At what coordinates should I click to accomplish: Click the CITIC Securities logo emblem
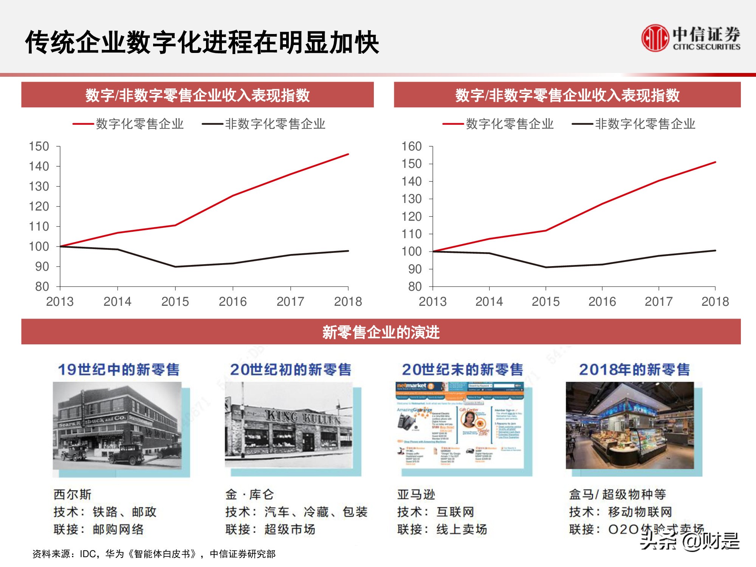pyautogui.click(x=655, y=38)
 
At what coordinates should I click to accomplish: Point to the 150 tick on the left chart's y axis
pyautogui.click(x=39, y=146)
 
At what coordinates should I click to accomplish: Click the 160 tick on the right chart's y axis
pyautogui.click(x=411, y=146)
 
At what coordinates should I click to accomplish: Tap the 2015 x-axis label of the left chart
pyautogui.click(x=175, y=302)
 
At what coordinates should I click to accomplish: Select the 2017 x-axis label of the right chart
pyautogui.click(x=658, y=302)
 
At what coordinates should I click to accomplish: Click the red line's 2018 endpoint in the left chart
pyautogui.click(x=348, y=154)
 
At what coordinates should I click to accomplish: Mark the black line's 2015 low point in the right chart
pyautogui.click(x=546, y=267)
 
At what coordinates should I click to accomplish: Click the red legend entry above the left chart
pyautogui.click(x=129, y=124)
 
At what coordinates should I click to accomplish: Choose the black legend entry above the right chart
pyautogui.click(x=634, y=124)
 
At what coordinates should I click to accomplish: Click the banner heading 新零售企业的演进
pyautogui.click(x=381, y=332)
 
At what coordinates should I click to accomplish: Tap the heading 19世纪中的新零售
pyautogui.click(x=119, y=370)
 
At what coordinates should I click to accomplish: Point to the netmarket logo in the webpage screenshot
pyautogui.click(x=411, y=386)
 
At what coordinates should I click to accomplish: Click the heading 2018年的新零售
pyautogui.click(x=634, y=370)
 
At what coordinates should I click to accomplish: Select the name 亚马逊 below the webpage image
pyautogui.click(x=416, y=494)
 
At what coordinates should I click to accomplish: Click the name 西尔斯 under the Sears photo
pyautogui.click(x=72, y=494)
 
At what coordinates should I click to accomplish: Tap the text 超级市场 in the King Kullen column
pyautogui.click(x=290, y=529)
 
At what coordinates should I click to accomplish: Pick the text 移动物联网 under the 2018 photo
pyautogui.click(x=640, y=512)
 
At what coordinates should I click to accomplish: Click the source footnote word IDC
pyautogui.click(x=88, y=554)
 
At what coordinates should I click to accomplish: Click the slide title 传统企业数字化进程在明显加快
pyautogui.click(x=202, y=42)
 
